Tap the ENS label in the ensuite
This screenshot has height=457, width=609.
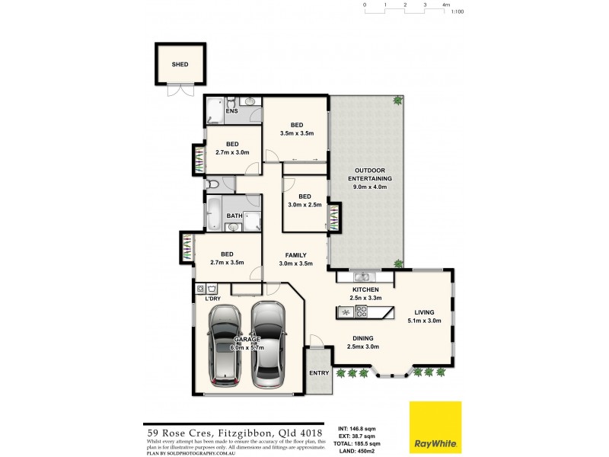[231, 112]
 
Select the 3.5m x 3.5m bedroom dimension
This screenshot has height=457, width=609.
[295, 133]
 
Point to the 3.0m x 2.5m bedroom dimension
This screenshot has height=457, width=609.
[304, 204]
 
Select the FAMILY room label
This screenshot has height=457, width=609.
[295, 254]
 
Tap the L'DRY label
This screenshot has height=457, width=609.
[213, 299]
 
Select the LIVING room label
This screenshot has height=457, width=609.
[424, 312]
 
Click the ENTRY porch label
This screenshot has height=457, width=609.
[319, 373]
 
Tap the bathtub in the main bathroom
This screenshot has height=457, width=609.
[213, 214]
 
